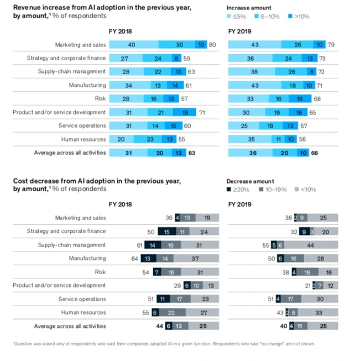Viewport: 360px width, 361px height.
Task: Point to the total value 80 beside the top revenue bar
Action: [212, 44]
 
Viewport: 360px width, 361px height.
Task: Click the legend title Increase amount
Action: [249, 8]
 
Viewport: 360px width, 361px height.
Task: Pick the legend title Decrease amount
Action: [251, 181]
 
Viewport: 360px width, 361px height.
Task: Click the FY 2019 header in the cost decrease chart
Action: [239, 204]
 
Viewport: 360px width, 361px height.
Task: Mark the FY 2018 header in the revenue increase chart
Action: [121, 31]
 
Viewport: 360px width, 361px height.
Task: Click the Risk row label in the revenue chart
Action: [100, 98]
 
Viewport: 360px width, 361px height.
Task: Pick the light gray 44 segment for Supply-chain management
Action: [311, 245]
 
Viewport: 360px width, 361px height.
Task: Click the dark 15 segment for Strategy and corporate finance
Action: [166, 231]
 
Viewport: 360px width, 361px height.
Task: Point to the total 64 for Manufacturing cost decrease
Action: [134, 258]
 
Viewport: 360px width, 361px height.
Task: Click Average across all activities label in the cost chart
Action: [70, 326]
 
